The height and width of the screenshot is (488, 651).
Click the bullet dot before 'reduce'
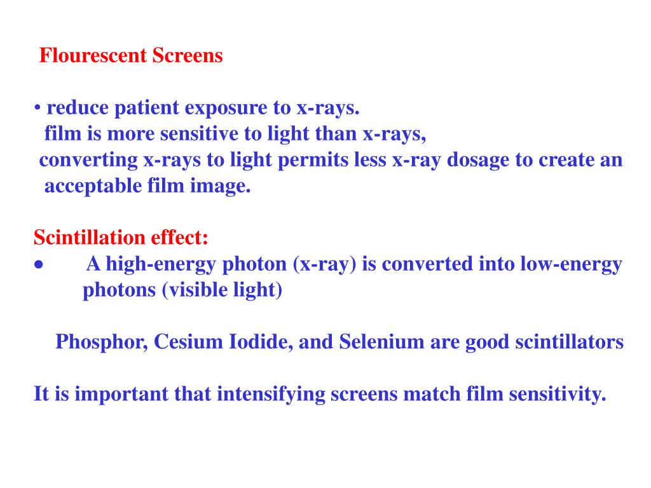(38, 108)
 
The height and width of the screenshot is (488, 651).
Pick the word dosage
(478, 160)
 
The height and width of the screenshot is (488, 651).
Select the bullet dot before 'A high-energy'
(39, 265)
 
